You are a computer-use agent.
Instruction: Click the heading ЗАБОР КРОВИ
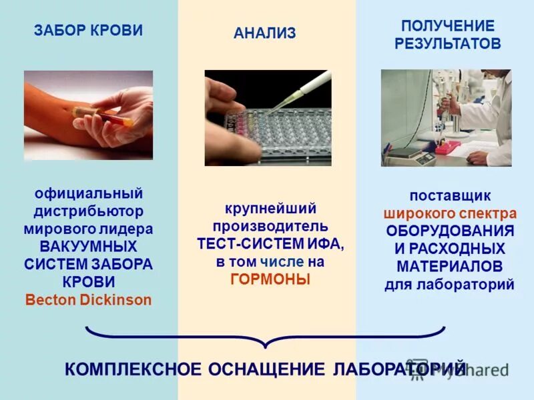[88, 31]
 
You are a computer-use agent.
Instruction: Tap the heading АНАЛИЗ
[264, 33]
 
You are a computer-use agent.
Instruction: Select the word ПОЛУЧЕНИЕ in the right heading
[447, 26]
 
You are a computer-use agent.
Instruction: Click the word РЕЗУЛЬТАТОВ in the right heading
[447, 45]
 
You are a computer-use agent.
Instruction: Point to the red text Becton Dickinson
[88, 299]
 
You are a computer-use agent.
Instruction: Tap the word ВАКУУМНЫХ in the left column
[88, 247]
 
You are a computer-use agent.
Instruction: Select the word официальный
[88, 194]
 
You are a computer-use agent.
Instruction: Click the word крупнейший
[270, 209]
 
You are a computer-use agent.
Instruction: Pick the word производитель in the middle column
[270, 227]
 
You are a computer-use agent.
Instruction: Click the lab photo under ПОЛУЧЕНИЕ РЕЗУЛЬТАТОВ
[445, 118]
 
